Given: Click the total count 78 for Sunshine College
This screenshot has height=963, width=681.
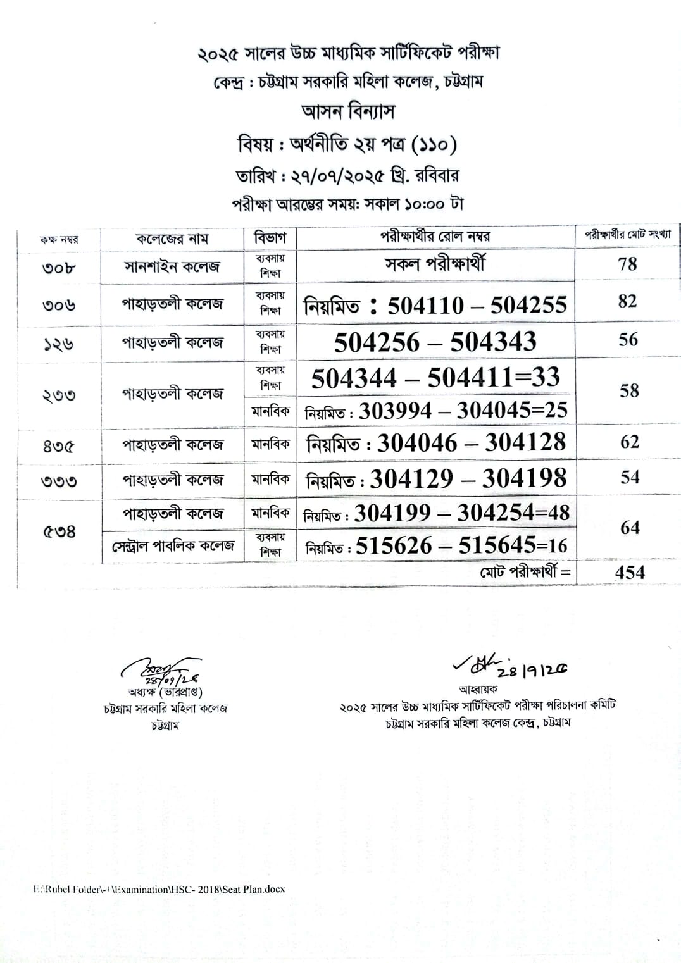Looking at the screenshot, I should point(627,263).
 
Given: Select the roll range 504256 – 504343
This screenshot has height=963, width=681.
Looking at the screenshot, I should point(435,342).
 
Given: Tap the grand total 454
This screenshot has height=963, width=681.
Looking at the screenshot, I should point(630,572).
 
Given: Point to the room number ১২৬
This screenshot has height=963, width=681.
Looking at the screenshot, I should point(59,344).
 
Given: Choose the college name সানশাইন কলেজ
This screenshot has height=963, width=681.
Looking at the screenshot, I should point(172,266).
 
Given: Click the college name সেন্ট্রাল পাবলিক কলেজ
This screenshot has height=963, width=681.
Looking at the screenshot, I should point(173,545).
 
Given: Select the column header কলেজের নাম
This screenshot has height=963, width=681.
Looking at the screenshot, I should point(172,239).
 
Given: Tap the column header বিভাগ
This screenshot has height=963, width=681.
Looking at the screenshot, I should point(270,238).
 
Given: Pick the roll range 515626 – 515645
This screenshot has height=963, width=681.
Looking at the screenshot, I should point(437,545).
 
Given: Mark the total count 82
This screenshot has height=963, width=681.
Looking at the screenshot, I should point(627,301).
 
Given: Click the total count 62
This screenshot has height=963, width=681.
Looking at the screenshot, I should point(629,442).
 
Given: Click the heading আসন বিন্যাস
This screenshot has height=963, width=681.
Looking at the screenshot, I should point(348,112).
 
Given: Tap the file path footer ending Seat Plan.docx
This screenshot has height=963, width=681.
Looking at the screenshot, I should point(159,889).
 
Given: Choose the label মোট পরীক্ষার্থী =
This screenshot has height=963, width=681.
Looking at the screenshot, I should point(525,572).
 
